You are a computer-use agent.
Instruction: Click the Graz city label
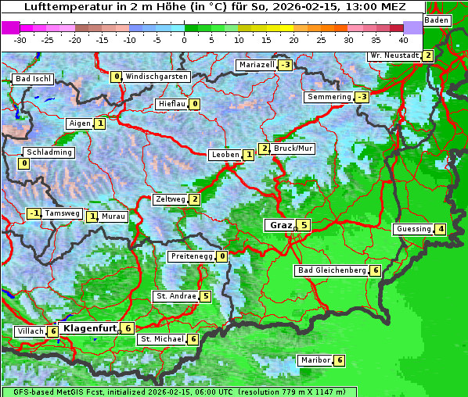[279, 225]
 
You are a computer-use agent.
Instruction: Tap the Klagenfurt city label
[89, 328]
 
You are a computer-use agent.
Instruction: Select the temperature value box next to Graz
[304, 225]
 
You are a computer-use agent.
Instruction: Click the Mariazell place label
[257, 65]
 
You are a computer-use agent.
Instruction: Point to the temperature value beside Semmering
[361, 97]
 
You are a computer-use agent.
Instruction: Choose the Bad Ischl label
[33, 79]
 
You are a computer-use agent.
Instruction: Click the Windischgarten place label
[156, 77]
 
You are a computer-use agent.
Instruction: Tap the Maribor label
[314, 360]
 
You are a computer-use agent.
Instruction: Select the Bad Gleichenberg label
[331, 270]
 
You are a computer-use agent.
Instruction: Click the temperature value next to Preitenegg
[222, 256]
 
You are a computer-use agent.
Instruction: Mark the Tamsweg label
[62, 213]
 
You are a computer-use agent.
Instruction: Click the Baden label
[437, 20]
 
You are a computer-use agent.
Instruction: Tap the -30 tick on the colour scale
[20, 39]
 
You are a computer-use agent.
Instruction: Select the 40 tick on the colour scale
[403, 39]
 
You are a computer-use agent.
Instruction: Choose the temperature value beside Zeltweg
[194, 199]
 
